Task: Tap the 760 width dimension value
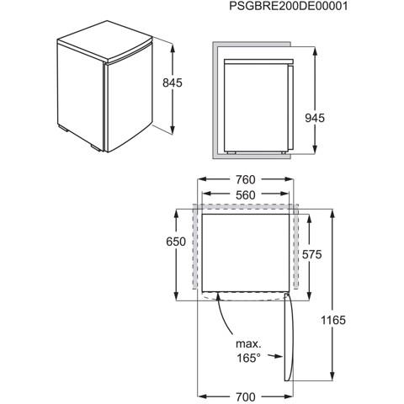click(x=245, y=179)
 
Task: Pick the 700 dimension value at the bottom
click(x=245, y=396)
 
